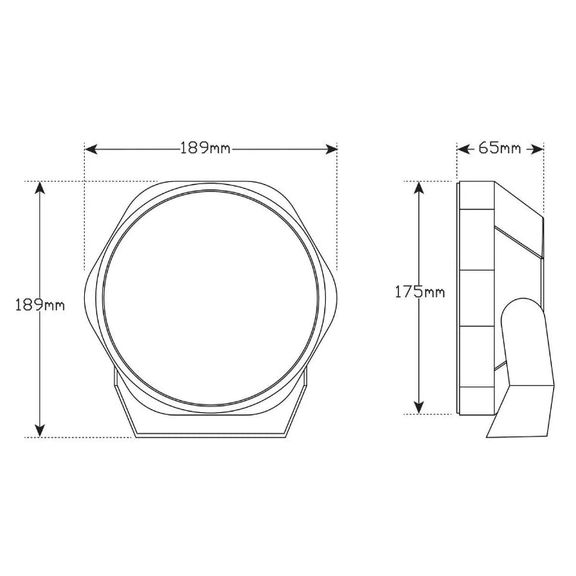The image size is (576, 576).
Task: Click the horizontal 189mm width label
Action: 205,149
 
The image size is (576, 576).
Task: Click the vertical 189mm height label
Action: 39,305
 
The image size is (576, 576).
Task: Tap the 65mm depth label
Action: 499,149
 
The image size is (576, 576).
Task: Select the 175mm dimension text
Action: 419,292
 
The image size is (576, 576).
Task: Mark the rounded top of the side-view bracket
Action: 523,305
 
